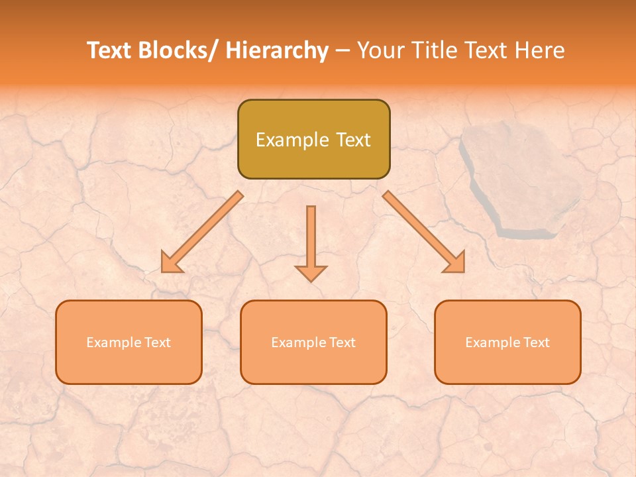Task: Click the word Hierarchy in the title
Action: (x=276, y=51)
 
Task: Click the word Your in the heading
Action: (x=379, y=51)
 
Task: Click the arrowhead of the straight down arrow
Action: (x=311, y=273)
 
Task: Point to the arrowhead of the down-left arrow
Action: (x=170, y=264)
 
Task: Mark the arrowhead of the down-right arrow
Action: (x=455, y=263)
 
